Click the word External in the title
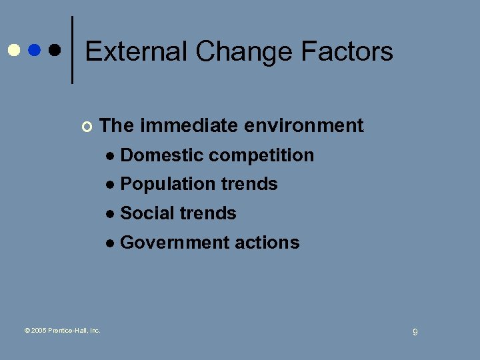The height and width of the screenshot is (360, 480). click(x=136, y=51)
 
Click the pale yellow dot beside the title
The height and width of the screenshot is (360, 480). click(x=13, y=50)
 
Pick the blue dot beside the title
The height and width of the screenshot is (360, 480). click(x=34, y=50)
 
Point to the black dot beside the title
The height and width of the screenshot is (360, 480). click(x=55, y=50)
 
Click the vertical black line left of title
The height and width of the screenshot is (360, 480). click(x=72, y=50)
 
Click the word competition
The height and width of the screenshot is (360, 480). click(x=261, y=156)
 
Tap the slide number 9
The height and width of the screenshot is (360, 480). click(x=415, y=332)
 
